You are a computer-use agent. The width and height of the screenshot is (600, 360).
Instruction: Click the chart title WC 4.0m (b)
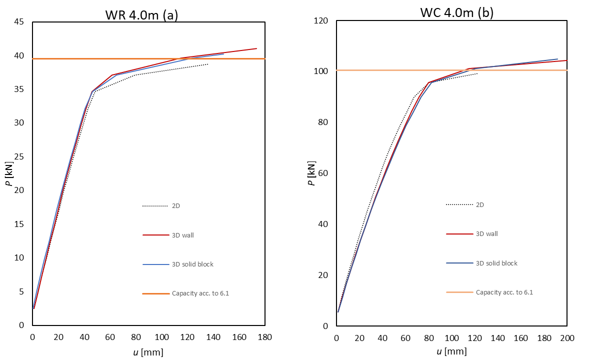coord(456,12)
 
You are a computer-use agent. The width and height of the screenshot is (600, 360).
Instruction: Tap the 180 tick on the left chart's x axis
coord(265,337)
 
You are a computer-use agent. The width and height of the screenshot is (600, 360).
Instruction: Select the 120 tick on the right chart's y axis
coord(320,21)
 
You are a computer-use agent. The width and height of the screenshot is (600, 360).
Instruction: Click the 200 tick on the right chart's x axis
coord(567,338)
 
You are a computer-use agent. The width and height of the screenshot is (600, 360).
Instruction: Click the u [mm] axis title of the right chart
coord(451,351)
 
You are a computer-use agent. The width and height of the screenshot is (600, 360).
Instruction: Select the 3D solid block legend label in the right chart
coord(496,263)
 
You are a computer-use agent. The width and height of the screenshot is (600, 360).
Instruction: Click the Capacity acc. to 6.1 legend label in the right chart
coord(504,292)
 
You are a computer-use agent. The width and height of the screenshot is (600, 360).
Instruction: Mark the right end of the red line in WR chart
coord(256,48)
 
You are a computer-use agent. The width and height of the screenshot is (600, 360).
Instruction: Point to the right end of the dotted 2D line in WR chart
coord(208,64)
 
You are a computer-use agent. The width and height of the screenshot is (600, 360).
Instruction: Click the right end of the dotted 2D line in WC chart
coord(477,73)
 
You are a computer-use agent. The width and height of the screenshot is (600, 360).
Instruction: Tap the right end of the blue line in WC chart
coord(557,59)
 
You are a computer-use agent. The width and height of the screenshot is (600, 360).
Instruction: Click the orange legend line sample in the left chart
coord(155,293)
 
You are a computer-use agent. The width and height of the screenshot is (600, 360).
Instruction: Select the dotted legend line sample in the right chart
coord(459,204)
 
